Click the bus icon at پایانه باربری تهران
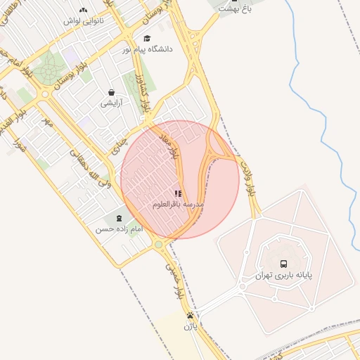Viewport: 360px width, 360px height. pos(283,264)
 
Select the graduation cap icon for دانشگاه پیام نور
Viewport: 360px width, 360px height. pos(147,38)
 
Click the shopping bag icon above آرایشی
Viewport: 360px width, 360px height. pos(111,92)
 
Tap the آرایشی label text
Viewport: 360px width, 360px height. pos(111,103)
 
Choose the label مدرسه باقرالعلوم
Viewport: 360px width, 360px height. pos(178,204)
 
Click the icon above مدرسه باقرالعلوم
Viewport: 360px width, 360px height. pos(177,193)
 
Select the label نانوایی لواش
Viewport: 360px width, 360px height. pos(84,21)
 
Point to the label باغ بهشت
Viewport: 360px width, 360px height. pos(233,8)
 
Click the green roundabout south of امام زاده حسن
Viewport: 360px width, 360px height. pos(158,244)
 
